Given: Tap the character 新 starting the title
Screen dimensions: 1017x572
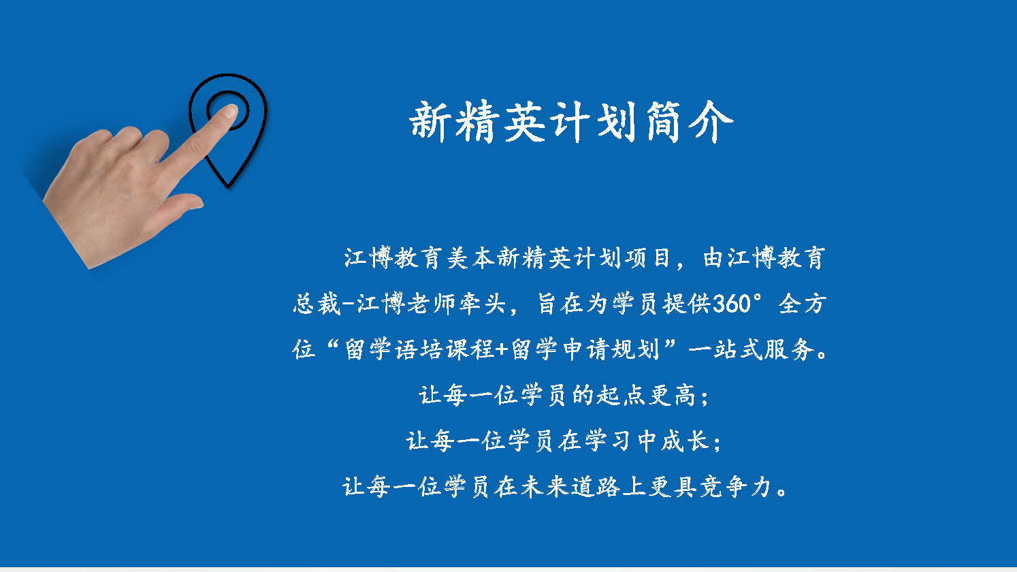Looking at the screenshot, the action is pos(430,121).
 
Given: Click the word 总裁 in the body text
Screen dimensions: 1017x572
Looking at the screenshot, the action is pos(317,304).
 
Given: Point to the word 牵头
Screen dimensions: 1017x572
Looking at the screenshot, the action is pos(482,304).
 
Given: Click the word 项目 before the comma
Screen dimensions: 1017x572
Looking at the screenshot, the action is pos(647,257).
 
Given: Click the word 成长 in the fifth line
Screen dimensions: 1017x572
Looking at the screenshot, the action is pos(685,441).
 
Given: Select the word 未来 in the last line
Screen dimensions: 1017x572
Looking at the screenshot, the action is pos(545,487).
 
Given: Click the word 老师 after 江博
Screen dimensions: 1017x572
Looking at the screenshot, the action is pos(431,304).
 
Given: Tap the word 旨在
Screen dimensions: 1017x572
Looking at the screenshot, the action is pos(560,304).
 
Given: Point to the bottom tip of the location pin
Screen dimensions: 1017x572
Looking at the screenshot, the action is pos(228,187).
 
